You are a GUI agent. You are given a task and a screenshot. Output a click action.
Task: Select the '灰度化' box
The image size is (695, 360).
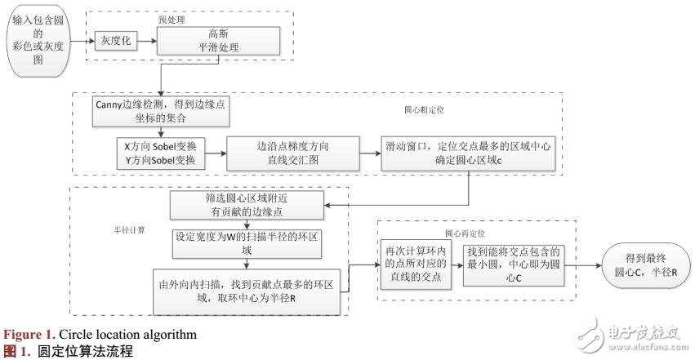(x=116, y=40)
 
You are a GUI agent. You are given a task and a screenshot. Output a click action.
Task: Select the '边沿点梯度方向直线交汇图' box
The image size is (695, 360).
(x=292, y=152)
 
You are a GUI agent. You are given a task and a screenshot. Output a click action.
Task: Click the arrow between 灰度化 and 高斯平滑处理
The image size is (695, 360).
(x=146, y=40)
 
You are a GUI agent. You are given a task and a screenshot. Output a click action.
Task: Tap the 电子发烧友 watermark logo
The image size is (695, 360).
(x=629, y=336)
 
